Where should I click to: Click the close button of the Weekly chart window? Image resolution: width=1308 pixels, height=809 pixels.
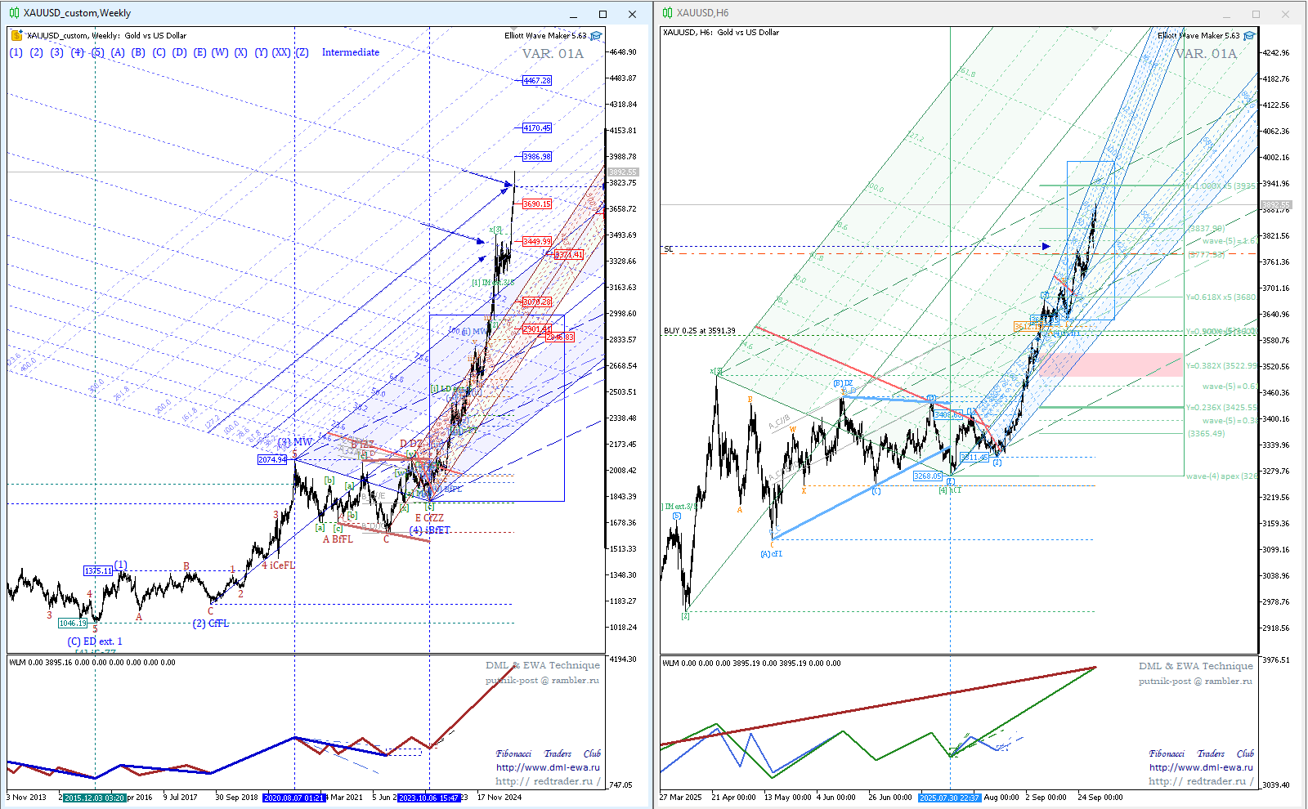(x=632, y=14)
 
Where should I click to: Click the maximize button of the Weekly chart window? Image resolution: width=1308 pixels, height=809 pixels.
(x=602, y=14)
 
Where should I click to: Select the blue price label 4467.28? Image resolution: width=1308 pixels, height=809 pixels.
(x=537, y=80)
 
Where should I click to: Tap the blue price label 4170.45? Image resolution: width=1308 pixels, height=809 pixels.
(x=537, y=127)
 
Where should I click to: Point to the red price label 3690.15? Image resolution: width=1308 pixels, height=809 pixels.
(x=537, y=203)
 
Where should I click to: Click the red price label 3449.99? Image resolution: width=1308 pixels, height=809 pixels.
(x=537, y=241)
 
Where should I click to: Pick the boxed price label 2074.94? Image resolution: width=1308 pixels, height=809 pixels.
(x=272, y=459)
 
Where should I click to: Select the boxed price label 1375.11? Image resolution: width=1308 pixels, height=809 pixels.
(x=98, y=570)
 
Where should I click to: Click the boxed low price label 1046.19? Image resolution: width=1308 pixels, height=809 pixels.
(x=73, y=623)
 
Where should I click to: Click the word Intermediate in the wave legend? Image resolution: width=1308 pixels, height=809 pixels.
(x=350, y=52)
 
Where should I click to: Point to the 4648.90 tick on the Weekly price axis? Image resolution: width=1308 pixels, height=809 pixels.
(x=623, y=51)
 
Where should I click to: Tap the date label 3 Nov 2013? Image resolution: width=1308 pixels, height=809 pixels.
(x=27, y=797)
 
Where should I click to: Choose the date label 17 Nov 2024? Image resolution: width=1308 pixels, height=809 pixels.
(x=499, y=797)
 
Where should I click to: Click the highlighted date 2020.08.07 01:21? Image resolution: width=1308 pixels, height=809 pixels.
(x=294, y=797)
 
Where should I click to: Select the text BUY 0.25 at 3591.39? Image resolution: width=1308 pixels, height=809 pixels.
(x=699, y=331)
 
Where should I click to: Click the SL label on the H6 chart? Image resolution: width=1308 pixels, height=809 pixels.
(x=668, y=249)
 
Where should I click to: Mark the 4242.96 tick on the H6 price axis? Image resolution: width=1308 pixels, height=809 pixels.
(x=1275, y=52)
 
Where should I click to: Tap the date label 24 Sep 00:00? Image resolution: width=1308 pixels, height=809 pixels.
(x=1100, y=797)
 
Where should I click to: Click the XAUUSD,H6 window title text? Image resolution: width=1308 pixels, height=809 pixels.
(x=702, y=13)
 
